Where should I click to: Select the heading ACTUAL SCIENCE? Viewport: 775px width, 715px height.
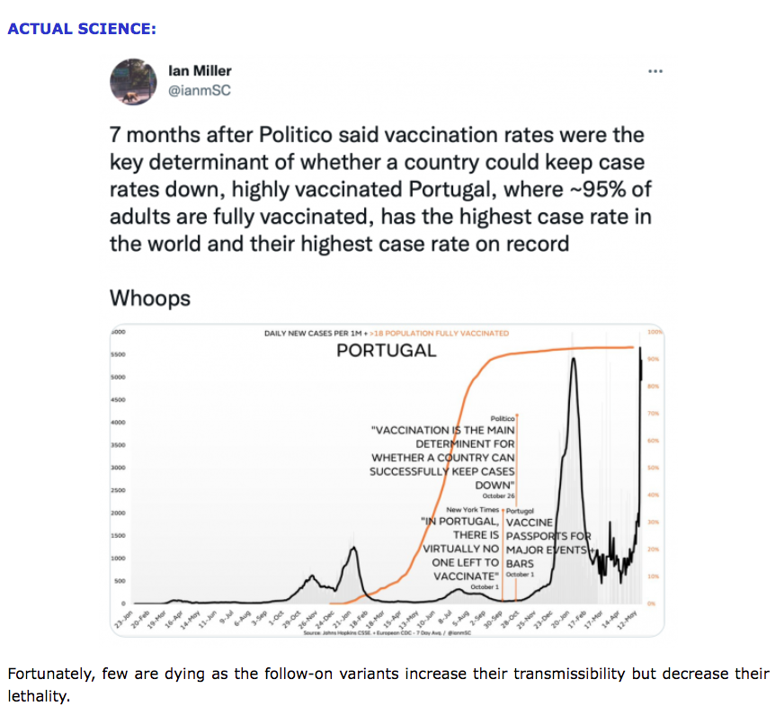[82, 29]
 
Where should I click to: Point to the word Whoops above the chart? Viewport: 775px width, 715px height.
[149, 298]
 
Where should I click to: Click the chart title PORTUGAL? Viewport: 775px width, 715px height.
[386, 350]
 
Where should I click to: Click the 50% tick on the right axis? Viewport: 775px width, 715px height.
[654, 468]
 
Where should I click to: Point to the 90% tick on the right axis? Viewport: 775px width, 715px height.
[654, 359]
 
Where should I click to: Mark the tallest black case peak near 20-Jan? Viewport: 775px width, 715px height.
[574, 360]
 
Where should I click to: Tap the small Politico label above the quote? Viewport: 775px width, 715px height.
[502, 418]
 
